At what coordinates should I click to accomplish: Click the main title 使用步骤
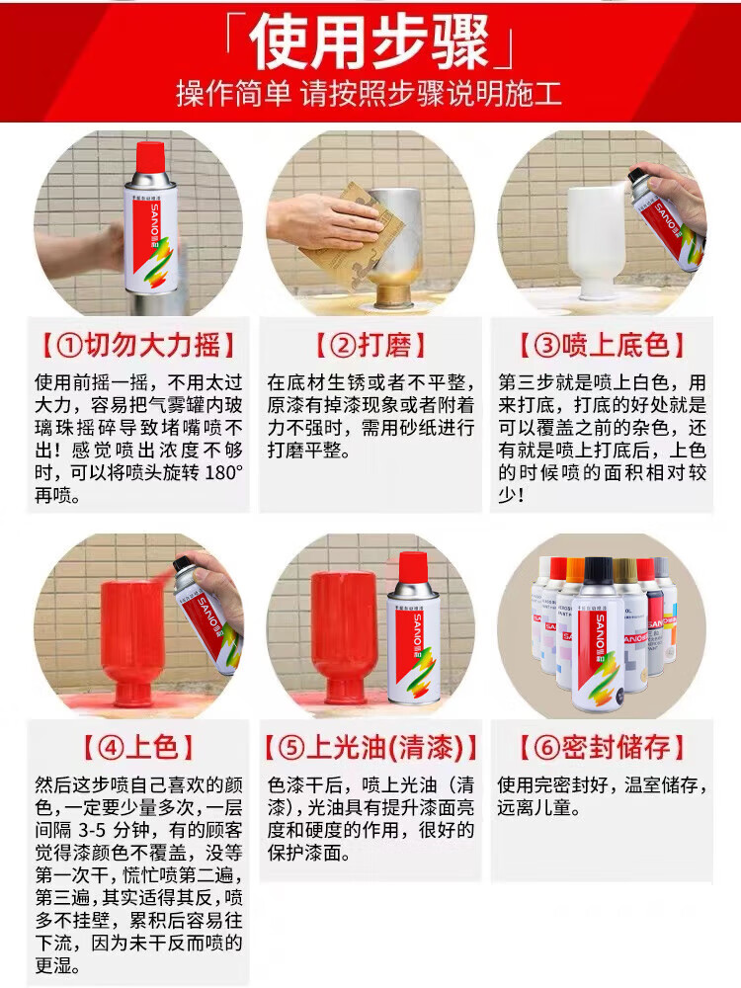pos(370,42)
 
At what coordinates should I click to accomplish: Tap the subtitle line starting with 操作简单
pos(369,94)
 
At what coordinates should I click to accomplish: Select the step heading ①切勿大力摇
pos(138,345)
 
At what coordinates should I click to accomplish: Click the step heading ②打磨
pos(370,345)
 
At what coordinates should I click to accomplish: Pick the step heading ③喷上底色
pos(602,345)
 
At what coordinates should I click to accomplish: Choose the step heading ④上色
pos(138,747)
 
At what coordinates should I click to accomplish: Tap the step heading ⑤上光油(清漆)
pos(370,747)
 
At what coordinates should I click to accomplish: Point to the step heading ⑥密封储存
pos(602,747)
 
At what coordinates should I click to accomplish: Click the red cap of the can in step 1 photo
pos(150,157)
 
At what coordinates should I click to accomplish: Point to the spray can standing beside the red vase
pos(413,630)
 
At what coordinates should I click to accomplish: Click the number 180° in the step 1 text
pos(223,472)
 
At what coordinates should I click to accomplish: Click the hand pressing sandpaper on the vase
pos(323,218)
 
